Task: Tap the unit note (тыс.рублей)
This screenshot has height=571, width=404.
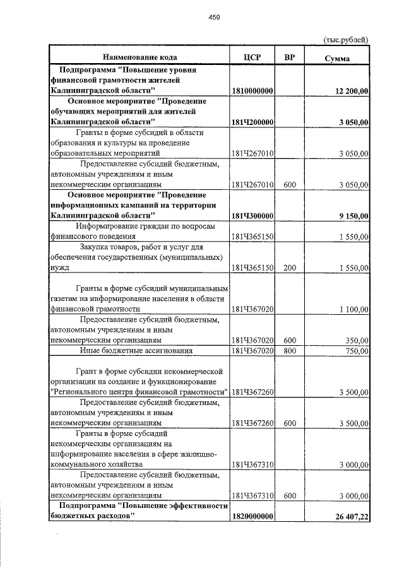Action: click(345, 40)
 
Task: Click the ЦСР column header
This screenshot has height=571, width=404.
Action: click(252, 57)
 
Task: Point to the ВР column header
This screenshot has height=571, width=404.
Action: click(290, 57)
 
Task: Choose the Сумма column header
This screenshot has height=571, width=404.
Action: click(337, 58)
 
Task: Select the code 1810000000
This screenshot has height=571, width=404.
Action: click(252, 91)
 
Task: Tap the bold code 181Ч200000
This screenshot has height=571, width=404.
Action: click(252, 122)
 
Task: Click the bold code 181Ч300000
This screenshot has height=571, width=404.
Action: click(252, 216)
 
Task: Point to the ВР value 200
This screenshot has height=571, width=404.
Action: click(290, 268)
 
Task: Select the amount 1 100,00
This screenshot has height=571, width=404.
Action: click(353, 309)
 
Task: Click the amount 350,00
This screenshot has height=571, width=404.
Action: click(357, 340)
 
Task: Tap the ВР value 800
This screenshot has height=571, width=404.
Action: click(290, 351)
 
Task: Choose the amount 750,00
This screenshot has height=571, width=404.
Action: click(357, 351)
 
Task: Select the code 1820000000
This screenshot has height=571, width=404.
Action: click(252, 517)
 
